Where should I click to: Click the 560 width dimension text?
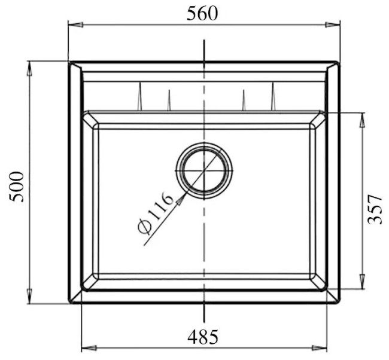[202, 13]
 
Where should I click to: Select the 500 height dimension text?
[19, 186]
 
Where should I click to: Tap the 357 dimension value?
[374, 208]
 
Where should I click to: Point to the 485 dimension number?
[203, 337]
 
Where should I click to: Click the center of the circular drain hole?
[205, 170]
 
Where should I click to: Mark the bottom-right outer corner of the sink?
[339, 303]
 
